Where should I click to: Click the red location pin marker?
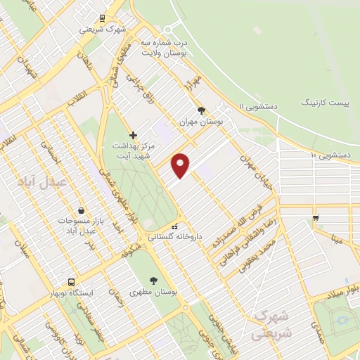click(x=181, y=165)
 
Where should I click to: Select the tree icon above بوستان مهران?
click(x=202, y=110)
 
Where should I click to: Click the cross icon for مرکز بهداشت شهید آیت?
click(x=134, y=134)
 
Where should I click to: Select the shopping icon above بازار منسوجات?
click(x=82, y=210)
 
